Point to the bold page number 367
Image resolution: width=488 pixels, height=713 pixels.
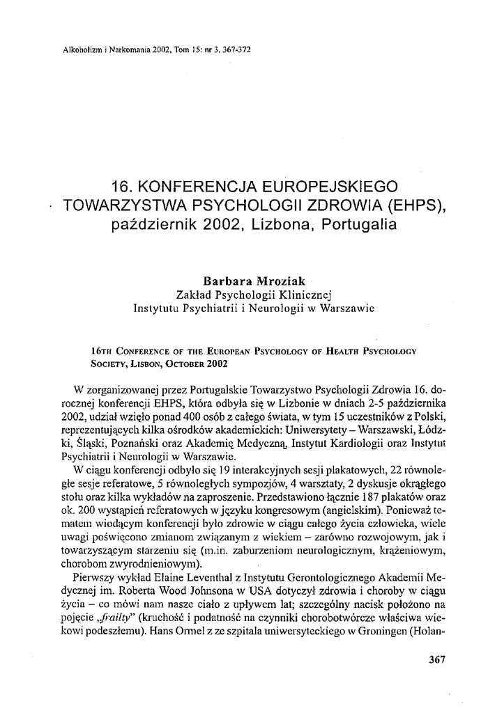(435, 657)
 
